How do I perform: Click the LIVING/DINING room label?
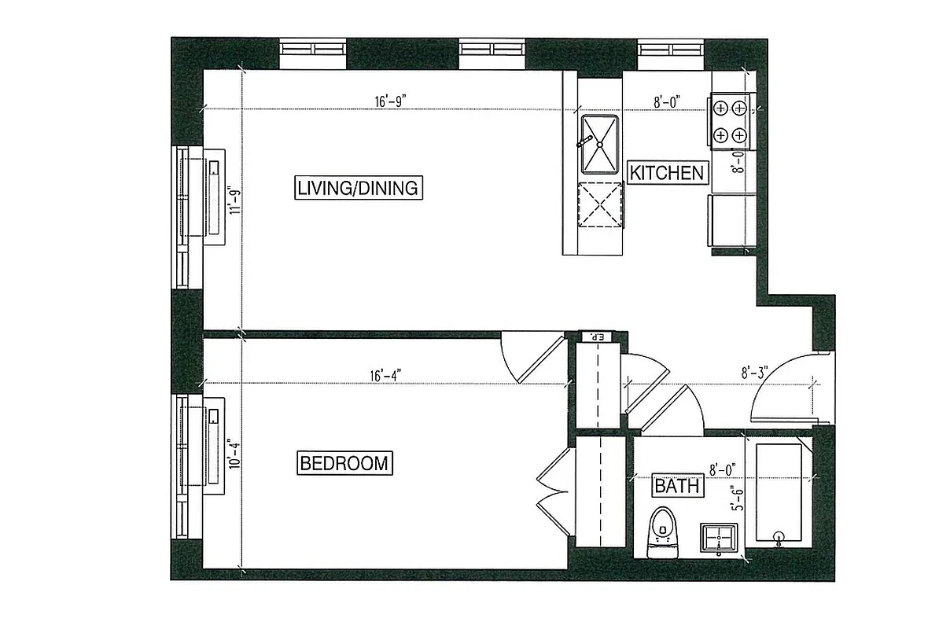(359, 188)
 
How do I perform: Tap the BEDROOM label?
(344, 463)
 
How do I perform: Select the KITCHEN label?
(667, 172)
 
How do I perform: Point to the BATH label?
(677, 487)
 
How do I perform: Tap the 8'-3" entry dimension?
(753, 370)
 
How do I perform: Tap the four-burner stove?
(730, 122)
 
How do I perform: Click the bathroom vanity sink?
(719, 539)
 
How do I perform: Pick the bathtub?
(779, 494)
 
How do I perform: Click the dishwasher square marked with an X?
(600, 204)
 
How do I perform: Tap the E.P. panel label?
(595, 337)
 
